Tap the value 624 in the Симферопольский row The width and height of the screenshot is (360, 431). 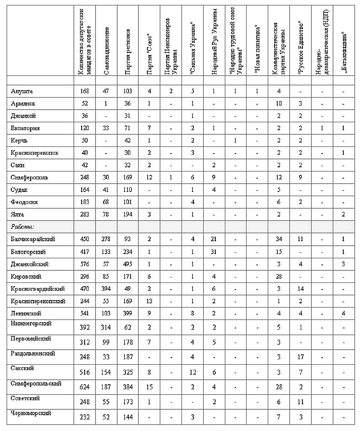(84, 387)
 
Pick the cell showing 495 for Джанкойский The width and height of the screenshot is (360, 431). (128, 264)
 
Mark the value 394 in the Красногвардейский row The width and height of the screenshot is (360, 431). (106, 289)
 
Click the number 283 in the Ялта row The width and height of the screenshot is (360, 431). (84, 214)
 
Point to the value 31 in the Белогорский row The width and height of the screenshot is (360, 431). (214, 252)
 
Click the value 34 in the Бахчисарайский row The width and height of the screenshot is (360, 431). (279, 239)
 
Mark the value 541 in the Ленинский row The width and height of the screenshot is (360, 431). (84, 313)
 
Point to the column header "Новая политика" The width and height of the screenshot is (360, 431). (257, 50)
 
